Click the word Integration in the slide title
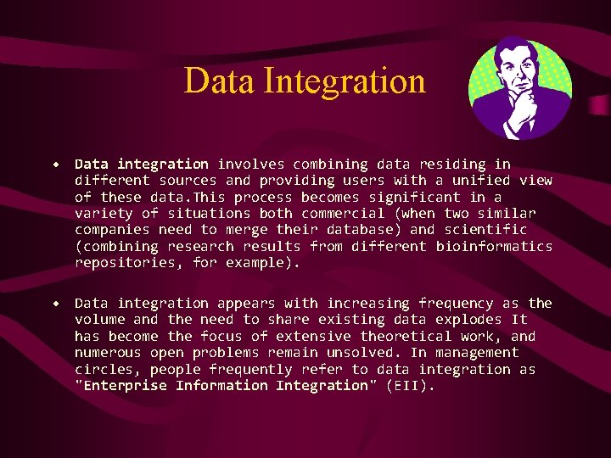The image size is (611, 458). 345,81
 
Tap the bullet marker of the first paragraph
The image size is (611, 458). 55,164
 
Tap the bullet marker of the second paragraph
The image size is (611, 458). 55,303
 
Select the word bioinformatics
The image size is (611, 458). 494,246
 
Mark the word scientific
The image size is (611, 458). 485,230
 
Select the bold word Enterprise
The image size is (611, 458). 125,386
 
